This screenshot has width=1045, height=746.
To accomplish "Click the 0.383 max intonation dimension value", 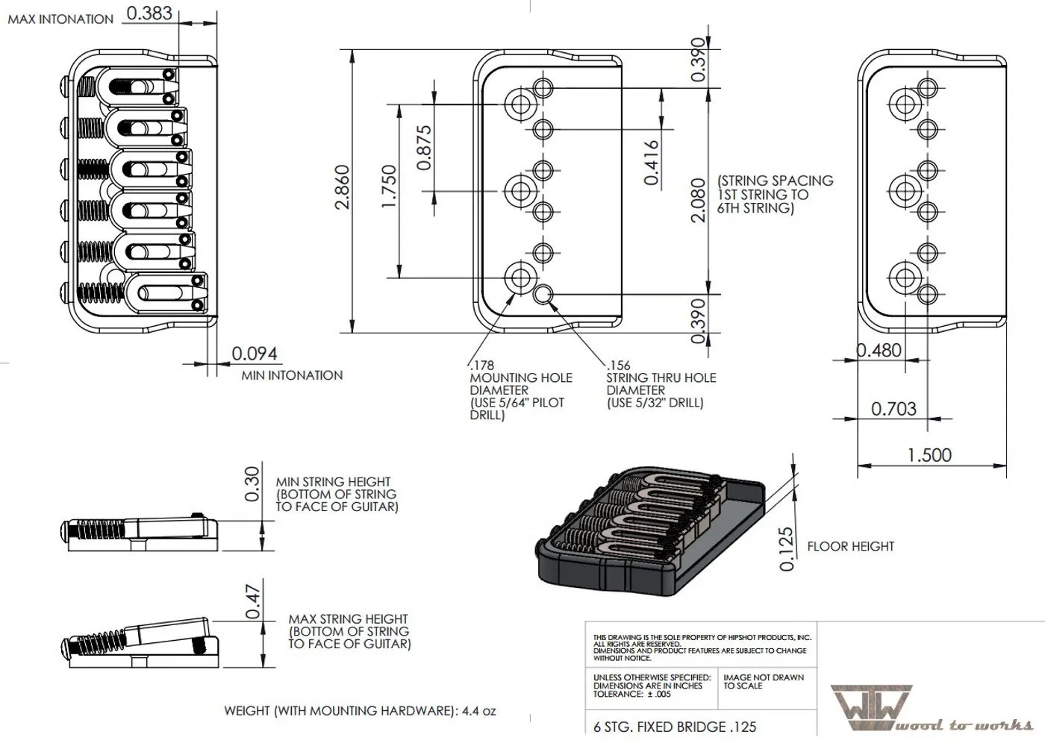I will [x=149, y=13].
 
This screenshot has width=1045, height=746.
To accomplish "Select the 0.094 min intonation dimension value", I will [x=254, y=353].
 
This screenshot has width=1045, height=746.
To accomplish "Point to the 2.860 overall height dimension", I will [x=343, y=186].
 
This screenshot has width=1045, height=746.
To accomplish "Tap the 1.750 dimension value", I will [x=390, y=186].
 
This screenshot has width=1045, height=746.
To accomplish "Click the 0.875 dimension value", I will [x=423, y=147].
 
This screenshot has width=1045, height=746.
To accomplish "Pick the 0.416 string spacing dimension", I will [x=651, y=163].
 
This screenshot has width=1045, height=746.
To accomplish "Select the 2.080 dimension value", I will [x=698, y=199].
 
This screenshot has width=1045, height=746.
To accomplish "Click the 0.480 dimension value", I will [x=879, y=350].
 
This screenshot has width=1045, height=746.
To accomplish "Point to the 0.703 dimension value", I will [x=893, y=408].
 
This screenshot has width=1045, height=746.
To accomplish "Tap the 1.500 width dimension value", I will [x=929, y=454].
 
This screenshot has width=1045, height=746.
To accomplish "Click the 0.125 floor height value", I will [x=786, y=549].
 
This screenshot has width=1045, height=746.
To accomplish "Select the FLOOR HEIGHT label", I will [x=850, y=546].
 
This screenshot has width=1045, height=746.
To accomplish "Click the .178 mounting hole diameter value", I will [x=482, y=366].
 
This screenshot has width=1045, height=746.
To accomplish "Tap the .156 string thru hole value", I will [x=618, y=366].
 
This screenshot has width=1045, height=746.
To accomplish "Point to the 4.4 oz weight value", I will [x=479, y=711].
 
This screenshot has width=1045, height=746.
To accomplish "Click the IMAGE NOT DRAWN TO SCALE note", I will [x=764, y=681].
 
